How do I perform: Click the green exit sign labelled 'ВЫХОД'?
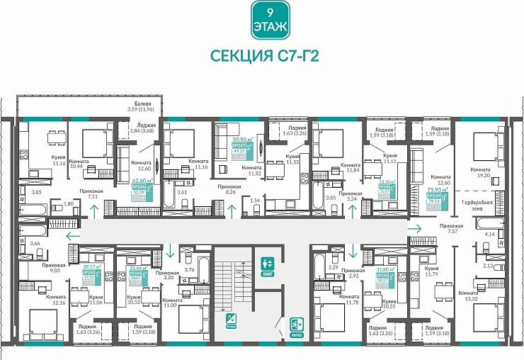click(296, 326)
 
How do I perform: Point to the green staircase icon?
click(232, 321)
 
